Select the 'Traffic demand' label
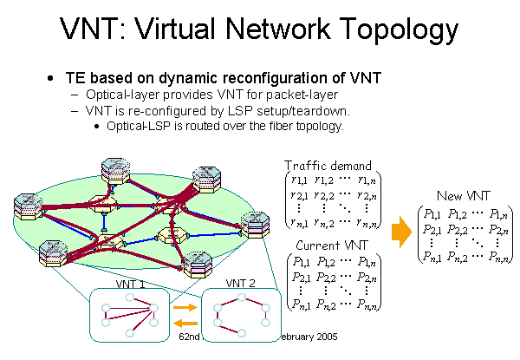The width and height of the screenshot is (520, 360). click(x=328, y=165)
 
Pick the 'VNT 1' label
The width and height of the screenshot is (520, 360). click(x=130, y=284)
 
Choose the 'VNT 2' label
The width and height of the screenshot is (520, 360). click(x=240, y=283)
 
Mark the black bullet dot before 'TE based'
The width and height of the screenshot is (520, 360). click(x=52, y=79)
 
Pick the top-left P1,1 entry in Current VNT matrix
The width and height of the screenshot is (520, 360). click(x=301, y=260)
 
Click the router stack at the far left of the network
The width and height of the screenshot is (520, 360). click(x=27, y=208)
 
